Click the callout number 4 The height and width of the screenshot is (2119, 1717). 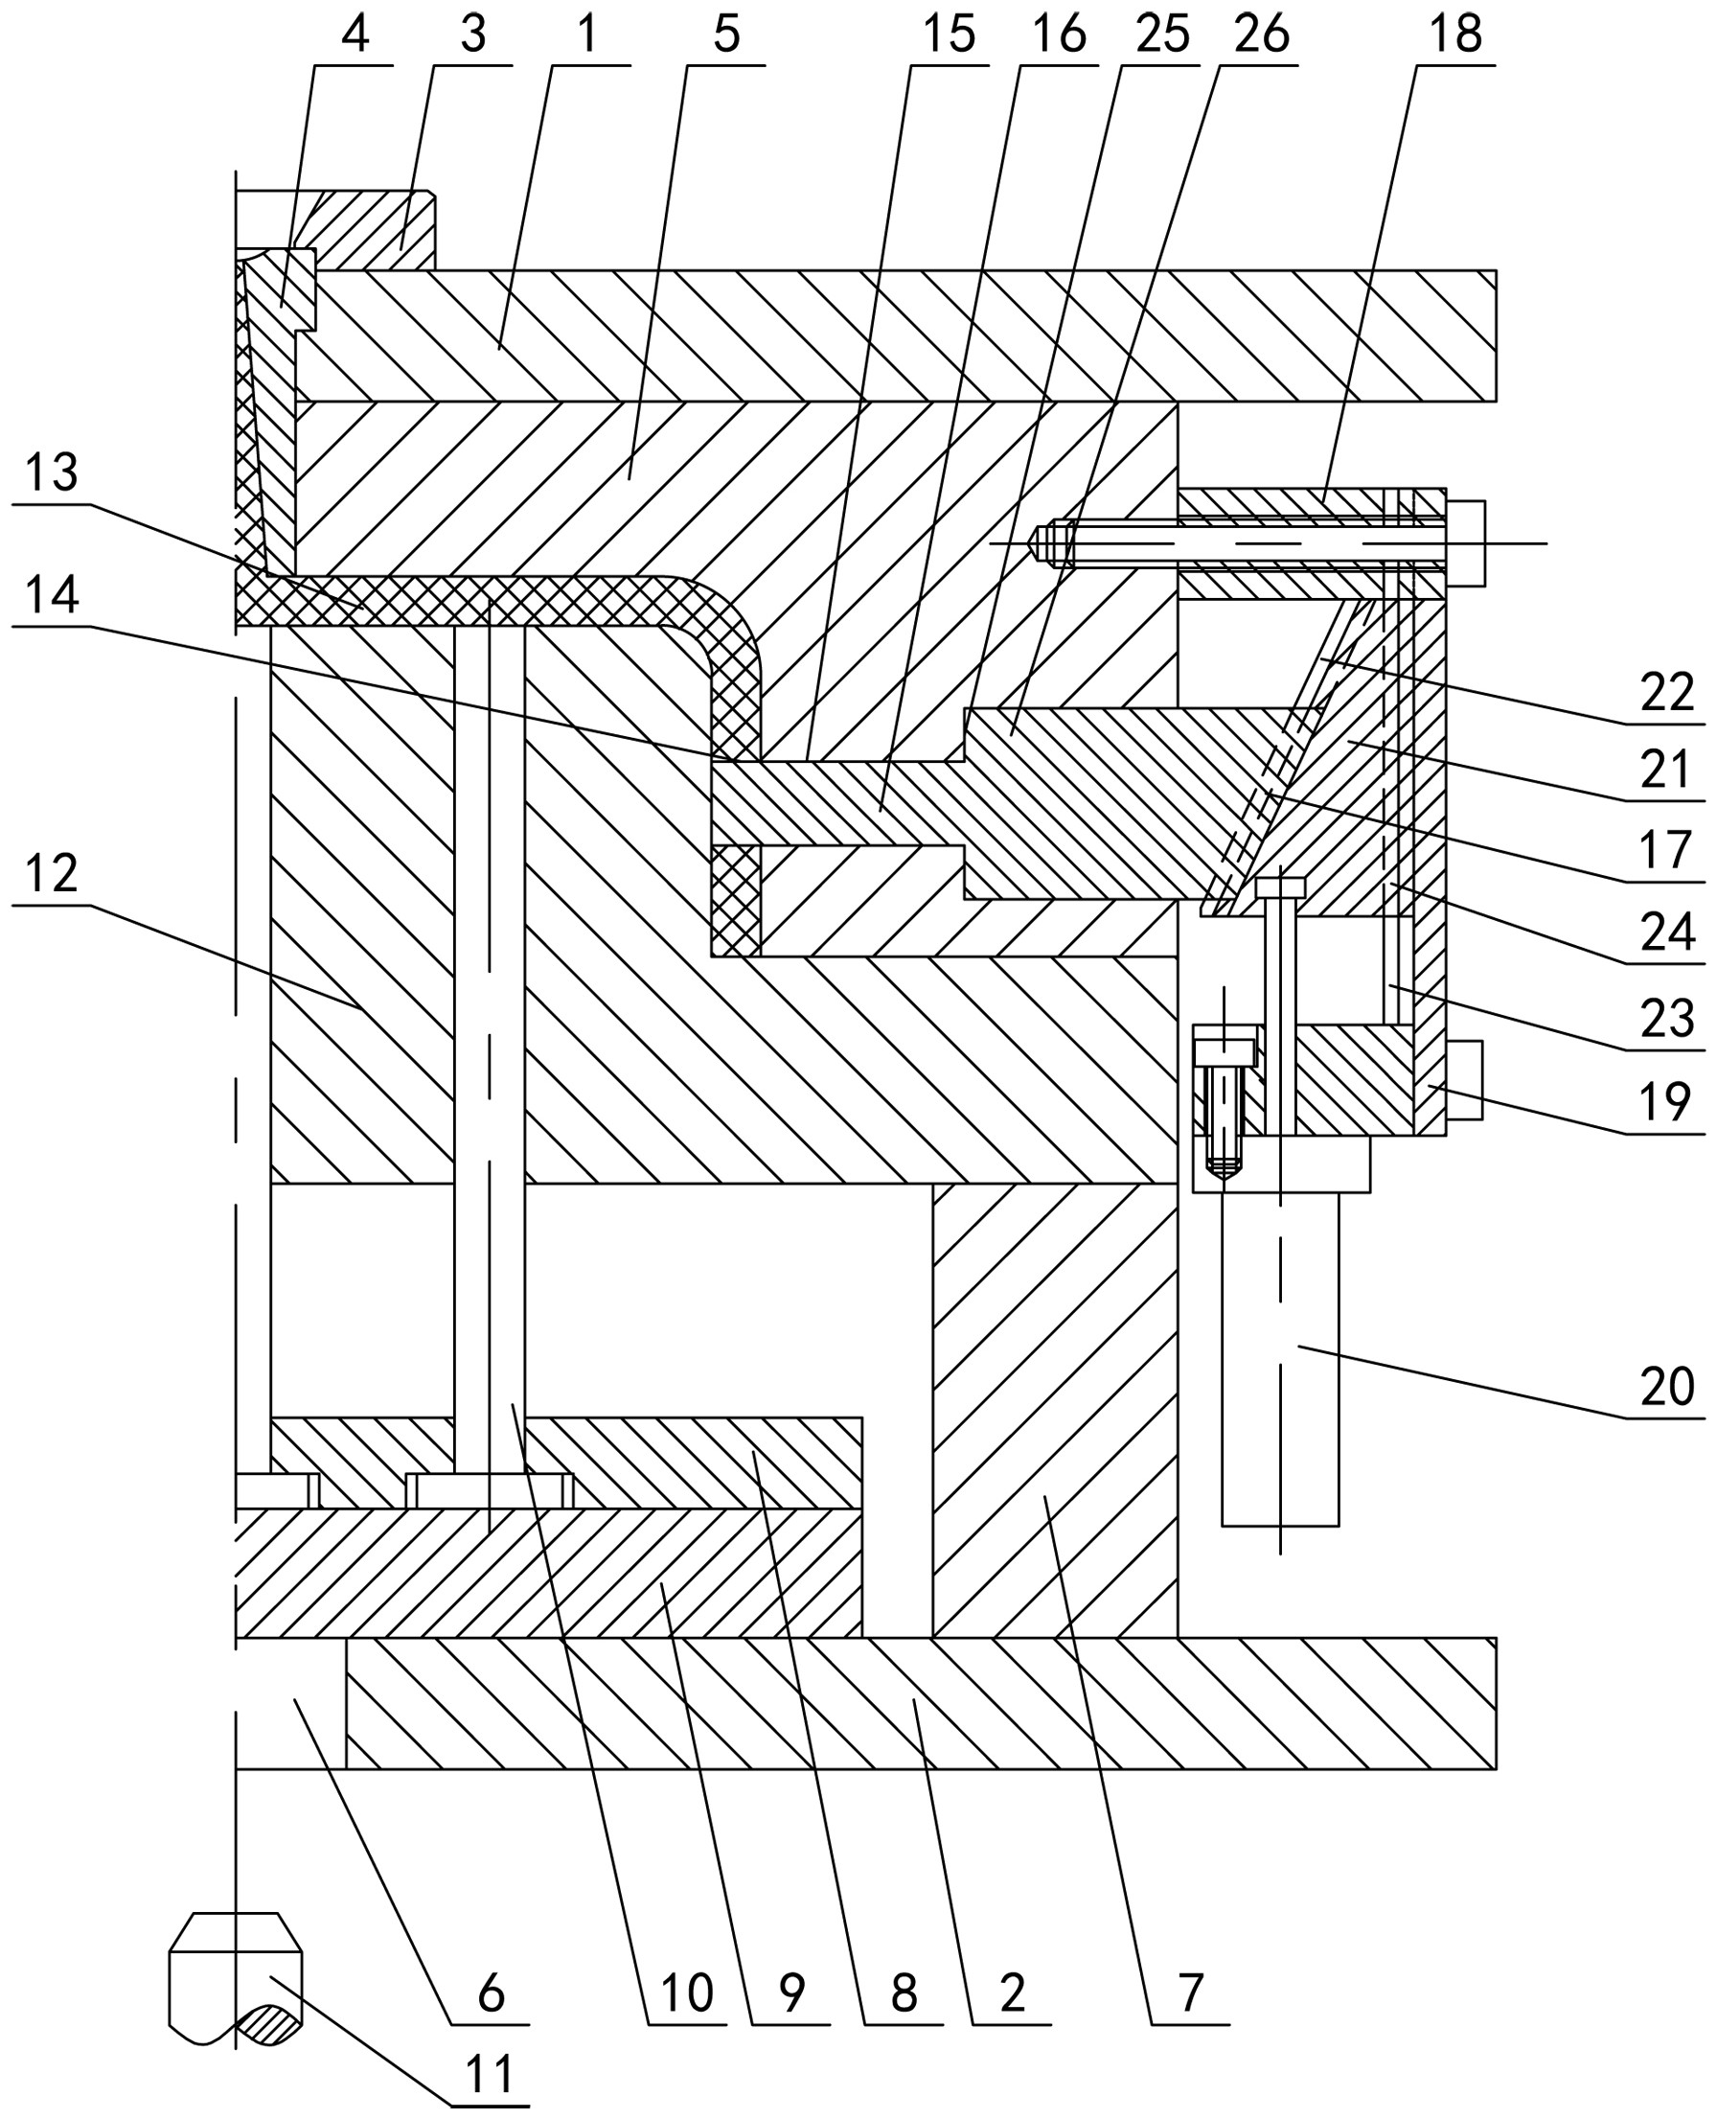(355, 35)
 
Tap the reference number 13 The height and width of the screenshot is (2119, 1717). (52, 472)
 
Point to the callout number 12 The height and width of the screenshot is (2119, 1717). (52, 873)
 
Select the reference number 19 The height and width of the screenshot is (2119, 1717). (1666, 1101)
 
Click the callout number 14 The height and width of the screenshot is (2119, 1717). (52, 595)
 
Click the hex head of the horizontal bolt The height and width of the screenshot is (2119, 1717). (1466, 543)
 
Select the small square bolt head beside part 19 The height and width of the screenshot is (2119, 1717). (1465, 1080)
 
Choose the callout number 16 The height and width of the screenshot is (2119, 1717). (1059, 35)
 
